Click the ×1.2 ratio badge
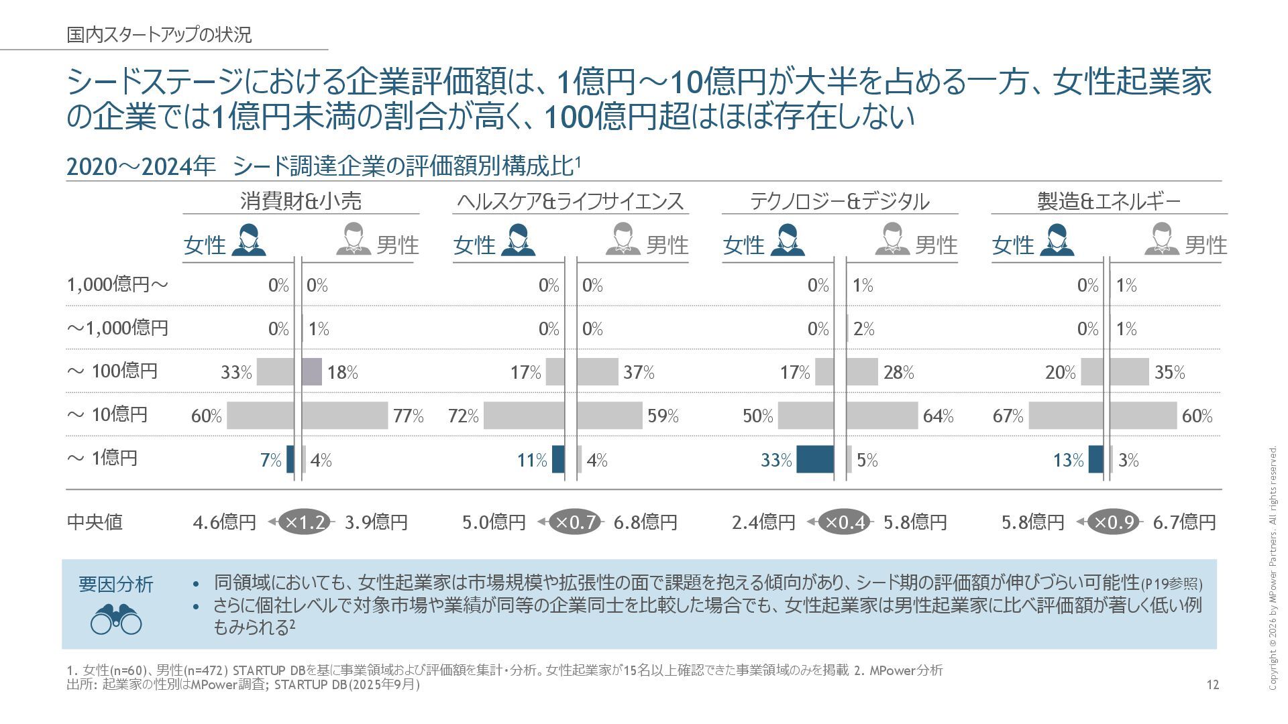point(306,522)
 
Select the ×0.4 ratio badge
point(845,522)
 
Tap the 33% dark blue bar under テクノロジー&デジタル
point(815,460)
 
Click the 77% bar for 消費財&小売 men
point(345,416)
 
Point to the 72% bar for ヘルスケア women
point(524,416)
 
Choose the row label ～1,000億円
point(117,328)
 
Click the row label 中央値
point(95,522)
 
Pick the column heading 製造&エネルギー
point(1108,201)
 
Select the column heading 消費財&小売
point(301,201)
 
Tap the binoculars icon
point(116,619)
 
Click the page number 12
point(1212,684)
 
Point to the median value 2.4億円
point(763,522)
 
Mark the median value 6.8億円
point(645,522)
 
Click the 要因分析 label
point(116,584)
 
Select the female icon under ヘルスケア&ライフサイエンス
point(518,240)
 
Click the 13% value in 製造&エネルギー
point(1068,461)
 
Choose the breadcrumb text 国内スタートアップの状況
point(159,35)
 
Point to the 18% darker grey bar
point(312,372)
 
